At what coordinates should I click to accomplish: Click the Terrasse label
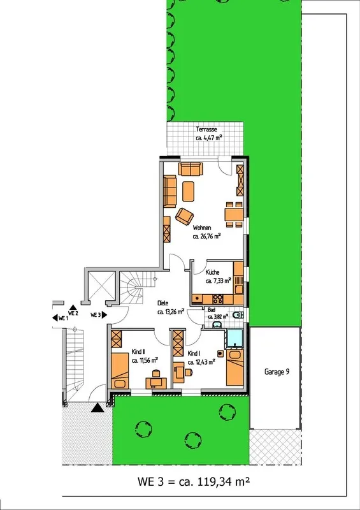coord(206,129)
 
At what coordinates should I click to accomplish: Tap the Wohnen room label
coord(202,228)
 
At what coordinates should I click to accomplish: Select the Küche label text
coord(212,272)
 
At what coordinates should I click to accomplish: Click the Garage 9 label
coord(277,372)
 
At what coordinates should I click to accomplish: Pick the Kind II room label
coord(138,352)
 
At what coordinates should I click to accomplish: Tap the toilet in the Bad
coord(238,314)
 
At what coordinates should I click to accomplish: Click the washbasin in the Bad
coord(217,324)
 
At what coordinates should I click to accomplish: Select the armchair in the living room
coord(184,216)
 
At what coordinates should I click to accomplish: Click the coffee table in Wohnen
coord(189,192)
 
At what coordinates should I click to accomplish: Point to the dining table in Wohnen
coord(234,215)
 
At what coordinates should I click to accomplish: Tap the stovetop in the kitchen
coord(217,298)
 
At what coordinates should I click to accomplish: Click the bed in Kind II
coord(120,371)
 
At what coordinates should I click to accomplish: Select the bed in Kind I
coord(235,368)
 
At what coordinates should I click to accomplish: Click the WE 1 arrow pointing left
coord(55,317)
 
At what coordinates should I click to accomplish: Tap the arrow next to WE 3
coord(104,314)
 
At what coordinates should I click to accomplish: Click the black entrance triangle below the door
coord(97,407)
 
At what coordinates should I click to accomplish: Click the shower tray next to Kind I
coord(235,339)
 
